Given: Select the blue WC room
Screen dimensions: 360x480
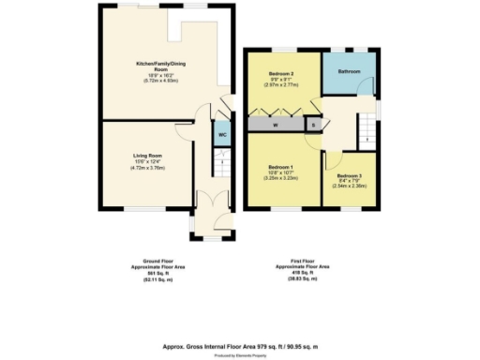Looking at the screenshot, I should (x=222, y=134).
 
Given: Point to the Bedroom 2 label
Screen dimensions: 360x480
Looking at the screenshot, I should (x=282, y=73).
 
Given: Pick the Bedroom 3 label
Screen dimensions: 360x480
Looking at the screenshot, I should (x=349, y=175).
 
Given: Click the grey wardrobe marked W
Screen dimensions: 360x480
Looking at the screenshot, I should (x=277, y=124).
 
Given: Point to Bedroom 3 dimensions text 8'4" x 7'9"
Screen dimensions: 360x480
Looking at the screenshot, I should (x=349, y=181).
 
